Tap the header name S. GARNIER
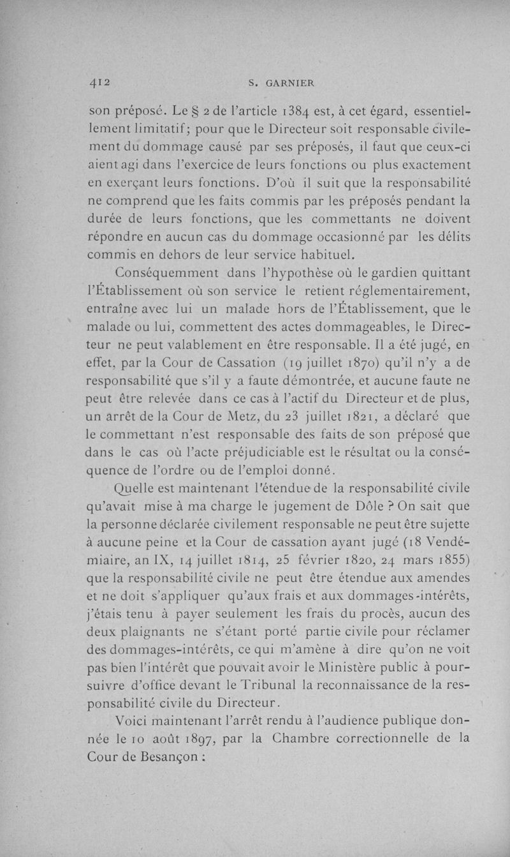(x=279, y=82)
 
